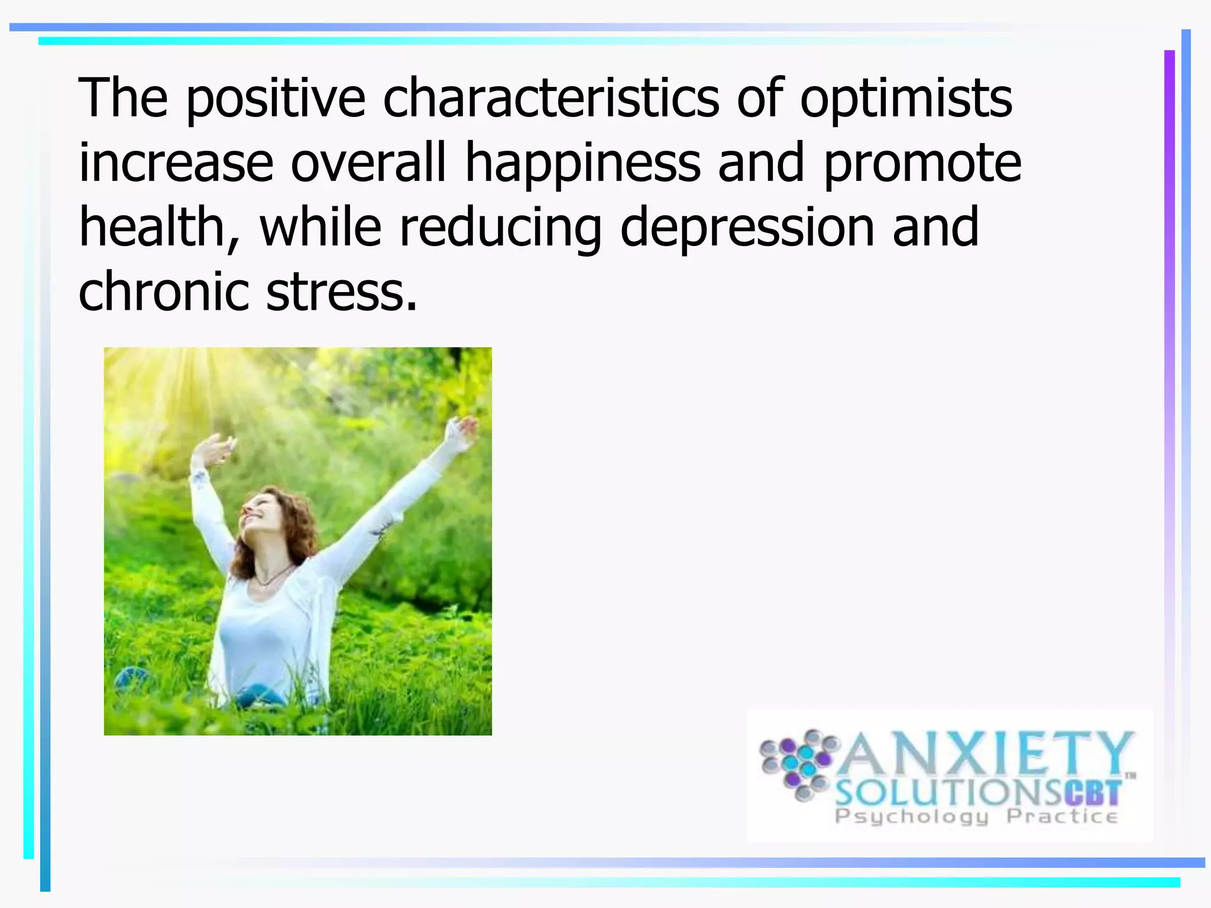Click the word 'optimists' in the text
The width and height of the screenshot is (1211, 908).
(906, 99)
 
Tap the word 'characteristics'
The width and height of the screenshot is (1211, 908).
(551, 98)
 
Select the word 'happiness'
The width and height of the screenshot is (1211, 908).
(583, 163)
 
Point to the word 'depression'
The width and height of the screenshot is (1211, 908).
(747, 228)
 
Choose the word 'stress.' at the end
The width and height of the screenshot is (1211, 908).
(342, 292)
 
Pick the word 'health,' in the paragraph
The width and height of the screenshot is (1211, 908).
(160, 228)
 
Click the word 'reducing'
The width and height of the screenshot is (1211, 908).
(500, 229)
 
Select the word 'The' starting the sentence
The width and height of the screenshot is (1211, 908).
(123, 98)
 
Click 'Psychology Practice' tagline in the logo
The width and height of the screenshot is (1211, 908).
(976, 817)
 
